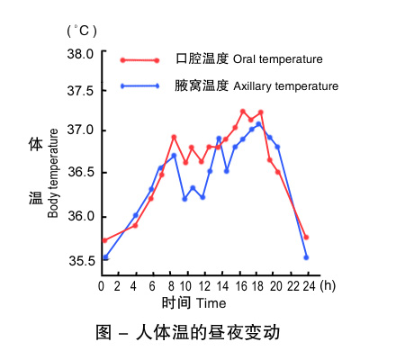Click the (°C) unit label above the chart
coord(80,30)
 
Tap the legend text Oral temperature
coord(277,60)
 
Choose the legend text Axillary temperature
coord(285,86)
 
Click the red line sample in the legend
coord(140,60)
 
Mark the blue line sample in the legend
coord(140,86)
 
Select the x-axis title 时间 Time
coord(193,302)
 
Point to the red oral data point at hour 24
coord(307,238)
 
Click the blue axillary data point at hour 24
coord(307,257)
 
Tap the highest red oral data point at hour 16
coord(243,111)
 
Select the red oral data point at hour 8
coord(174,137)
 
